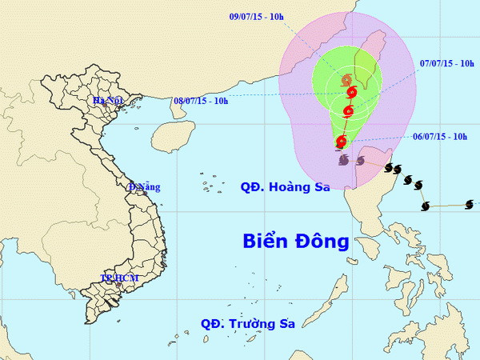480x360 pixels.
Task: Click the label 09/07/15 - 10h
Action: tap(257, 16)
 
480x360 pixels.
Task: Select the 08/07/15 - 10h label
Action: tap(201, 101)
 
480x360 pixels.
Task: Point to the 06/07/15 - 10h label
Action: tap(440, 137)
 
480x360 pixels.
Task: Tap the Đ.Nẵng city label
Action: tap(145, 187)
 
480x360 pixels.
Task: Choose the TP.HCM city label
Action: tap(119, 278)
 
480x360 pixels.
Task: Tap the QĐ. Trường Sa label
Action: tap(248, 324)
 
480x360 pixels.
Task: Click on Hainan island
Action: tap(173, 133)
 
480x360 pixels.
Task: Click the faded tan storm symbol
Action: tap(346, 79)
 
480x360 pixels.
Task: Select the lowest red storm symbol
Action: tap(342, 142)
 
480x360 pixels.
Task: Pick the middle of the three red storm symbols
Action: tap(348, 111)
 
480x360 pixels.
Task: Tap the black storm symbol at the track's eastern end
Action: tap(425, 206)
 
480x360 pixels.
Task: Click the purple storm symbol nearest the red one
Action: tap(343, 161)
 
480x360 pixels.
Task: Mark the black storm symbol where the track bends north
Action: tap(389, 168)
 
